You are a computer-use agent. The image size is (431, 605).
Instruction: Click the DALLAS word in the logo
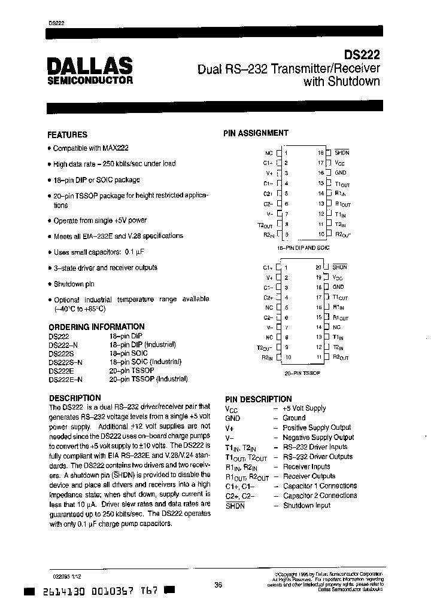[x=90, y=65]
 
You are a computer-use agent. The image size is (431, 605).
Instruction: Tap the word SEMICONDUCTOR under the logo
[x=90, y=80]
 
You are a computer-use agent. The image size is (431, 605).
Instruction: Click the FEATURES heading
[x=67, y=135]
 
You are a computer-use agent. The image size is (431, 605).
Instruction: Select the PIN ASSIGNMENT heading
[x=256, y=133]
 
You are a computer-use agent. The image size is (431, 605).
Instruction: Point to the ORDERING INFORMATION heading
[x=96, y=327]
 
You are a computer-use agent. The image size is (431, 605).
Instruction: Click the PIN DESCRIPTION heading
[x=258, y=399]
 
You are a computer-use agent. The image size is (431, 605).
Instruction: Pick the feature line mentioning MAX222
[x=90, y=148]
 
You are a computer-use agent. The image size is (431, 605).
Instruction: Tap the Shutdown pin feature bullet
[x=74, y=284]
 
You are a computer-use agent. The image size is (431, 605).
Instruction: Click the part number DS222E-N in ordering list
[x=66, y=379]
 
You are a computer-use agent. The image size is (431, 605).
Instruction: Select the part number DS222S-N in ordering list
[x=66, y=362]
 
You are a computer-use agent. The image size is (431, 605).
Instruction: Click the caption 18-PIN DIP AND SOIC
[x=303, y=247]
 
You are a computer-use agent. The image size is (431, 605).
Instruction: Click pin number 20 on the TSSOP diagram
[x=318, y=267]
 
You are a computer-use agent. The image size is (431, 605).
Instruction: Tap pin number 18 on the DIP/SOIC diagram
[x=321, y=153]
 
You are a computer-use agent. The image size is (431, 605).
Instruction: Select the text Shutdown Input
[x=306, y=505]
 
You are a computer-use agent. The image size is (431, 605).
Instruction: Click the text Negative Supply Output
[x=318, y=437]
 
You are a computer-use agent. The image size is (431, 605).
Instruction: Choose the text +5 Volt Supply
[x=304, y=408]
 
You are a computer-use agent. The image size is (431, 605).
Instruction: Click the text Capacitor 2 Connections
[x=320, y=496]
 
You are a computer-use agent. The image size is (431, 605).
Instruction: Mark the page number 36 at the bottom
[x=218, y=585]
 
